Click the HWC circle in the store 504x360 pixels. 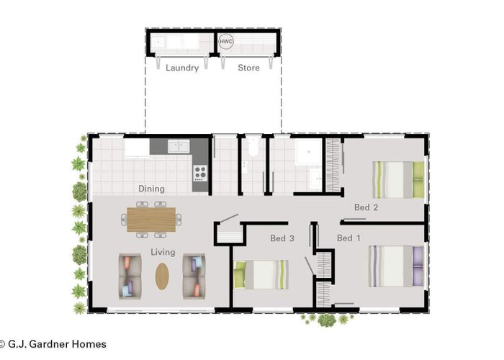(x=225, y=42)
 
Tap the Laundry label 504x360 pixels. (x=182, y=68)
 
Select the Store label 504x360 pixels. (x=248, y=68)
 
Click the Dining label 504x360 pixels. (x=151, y=189)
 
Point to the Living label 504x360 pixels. (x=163, y=252)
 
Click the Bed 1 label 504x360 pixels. (x=348, y=238)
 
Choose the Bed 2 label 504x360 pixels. (x=366, y=207)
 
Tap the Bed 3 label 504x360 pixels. (x=282, y=238)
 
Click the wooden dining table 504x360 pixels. (x=151, y=220)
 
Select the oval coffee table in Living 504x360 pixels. (x=162, y=276)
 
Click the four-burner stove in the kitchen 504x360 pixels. (x=200, y=173)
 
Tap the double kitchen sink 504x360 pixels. (x=179, y=147)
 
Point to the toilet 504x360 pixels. (x=253, y=147)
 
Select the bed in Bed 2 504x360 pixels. (x=398, y=180)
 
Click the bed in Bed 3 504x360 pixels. (x=261, y=274)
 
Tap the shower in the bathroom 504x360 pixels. (x=309, y=151)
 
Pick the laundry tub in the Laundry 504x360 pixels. (x=158, y=42)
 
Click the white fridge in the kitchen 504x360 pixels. (x=138, y=148)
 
